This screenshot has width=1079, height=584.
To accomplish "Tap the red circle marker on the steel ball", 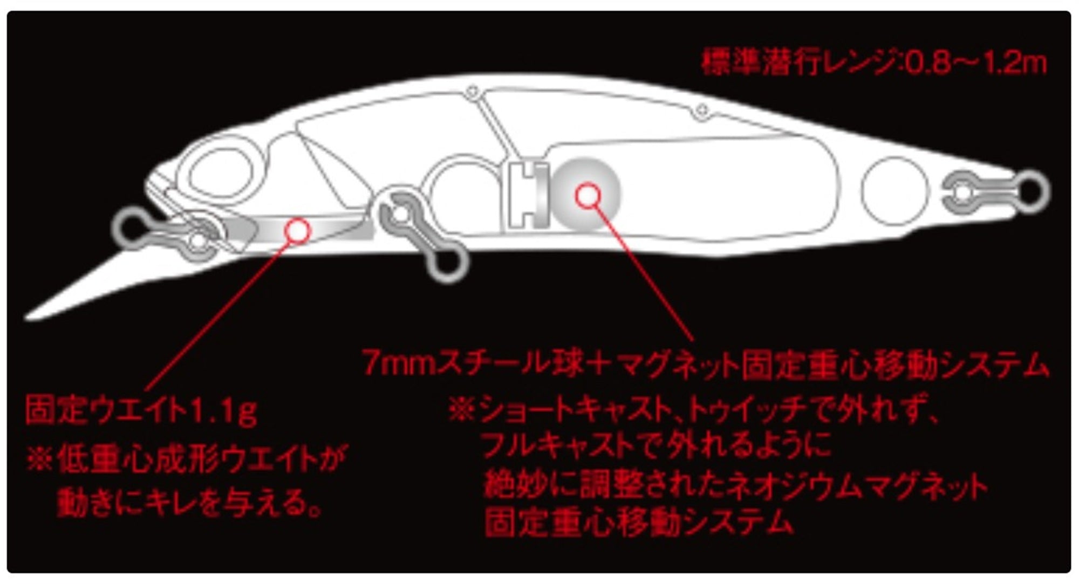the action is (588, 196).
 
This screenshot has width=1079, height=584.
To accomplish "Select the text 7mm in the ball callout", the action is (398, 363).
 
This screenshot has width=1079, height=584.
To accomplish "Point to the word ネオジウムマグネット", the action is (858, 485).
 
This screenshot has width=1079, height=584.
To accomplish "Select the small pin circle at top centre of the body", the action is (473, 92).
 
